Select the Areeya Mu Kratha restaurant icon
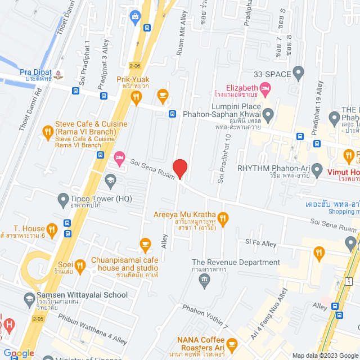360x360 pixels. (223, 218)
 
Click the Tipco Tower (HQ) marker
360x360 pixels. (63, 199)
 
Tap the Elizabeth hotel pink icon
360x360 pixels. (265, 88)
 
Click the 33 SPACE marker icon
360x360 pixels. (298, 73)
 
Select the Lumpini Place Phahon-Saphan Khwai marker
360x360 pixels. (268, 116)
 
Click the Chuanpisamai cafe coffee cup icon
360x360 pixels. (145, 244)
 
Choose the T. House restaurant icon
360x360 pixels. (52, 228)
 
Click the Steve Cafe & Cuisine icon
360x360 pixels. (48, 132)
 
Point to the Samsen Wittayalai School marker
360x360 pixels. (29, 299)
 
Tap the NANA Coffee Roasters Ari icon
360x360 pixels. (232, 343)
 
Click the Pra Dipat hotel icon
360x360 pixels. (59, 74)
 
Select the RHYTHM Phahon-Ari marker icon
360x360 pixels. (317, 168)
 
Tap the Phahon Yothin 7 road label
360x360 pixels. (205, 316)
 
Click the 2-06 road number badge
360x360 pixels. (134, 66)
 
